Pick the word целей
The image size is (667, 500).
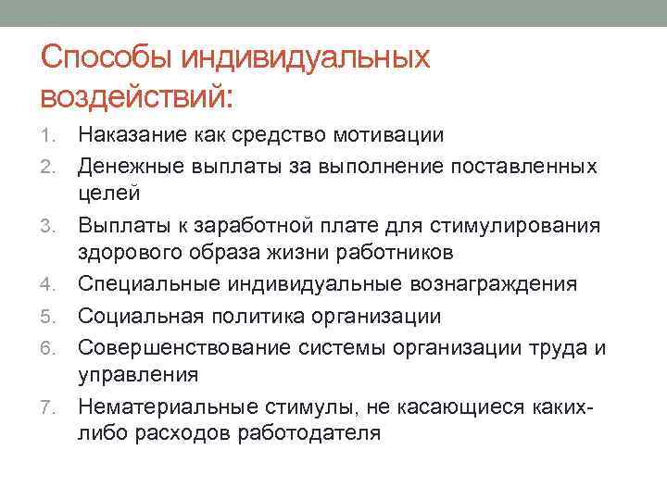[x=108, y=195]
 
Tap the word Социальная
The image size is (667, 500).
[x=138, y=317]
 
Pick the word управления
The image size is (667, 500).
[x=138, y=376]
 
